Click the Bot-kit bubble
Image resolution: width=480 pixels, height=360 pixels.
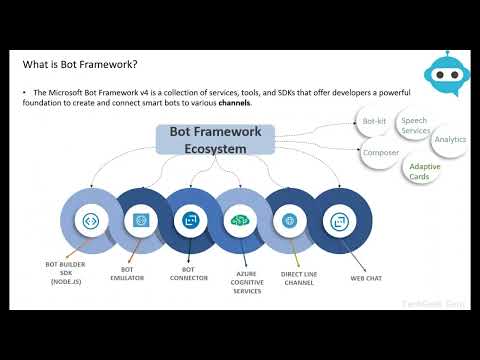point(374,121)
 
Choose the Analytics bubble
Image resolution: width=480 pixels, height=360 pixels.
point(450,140)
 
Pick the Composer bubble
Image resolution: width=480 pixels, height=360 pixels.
point(381,153)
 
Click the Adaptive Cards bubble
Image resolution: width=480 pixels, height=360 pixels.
point(425,171)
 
